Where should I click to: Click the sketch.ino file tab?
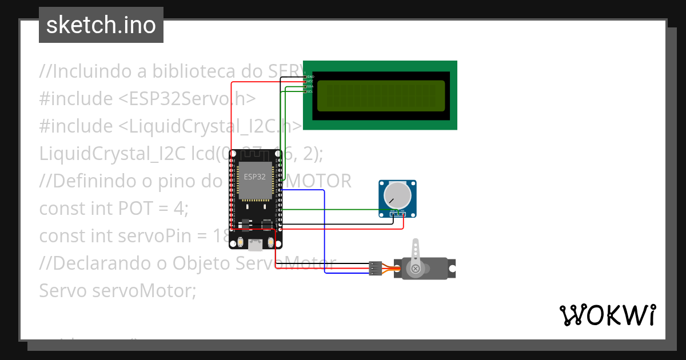[x=101, y=25]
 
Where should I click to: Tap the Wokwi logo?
[x=607, y=315]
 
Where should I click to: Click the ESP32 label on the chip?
[x=255, y=177]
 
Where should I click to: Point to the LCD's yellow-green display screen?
[x=381, y=95]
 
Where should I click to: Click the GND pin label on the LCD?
[x=310, y=77]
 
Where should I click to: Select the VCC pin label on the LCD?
[x=310, y=82]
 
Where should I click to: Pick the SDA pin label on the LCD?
[x=310, y=87]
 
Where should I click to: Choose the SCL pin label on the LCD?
[x=310, y=92]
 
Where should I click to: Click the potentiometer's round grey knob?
[x=397, y=195]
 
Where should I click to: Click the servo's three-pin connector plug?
[x=375, y=269]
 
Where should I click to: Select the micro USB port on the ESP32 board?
[x=255, y=245]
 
